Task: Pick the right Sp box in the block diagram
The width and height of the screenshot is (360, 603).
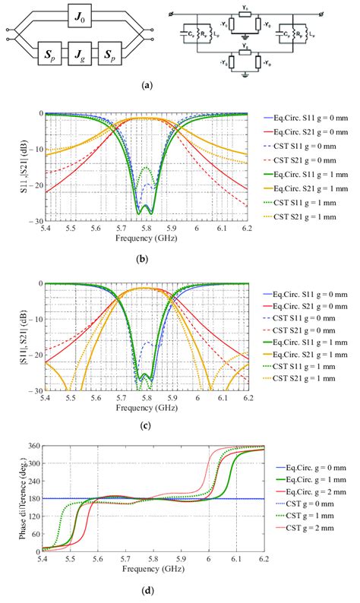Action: point(118,55)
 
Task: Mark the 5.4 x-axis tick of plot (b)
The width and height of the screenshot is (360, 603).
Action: point(46,227)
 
